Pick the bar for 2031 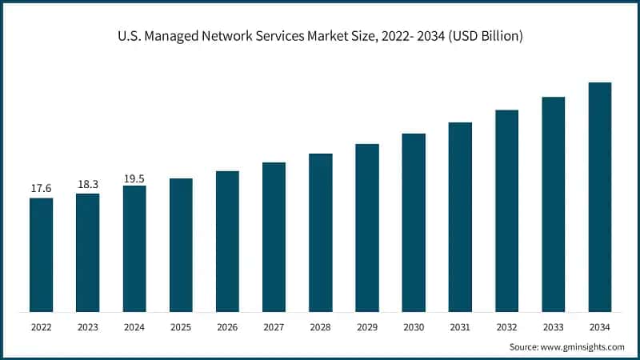pos(460,217)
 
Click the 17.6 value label pos(42,188)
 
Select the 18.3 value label pos(88,184)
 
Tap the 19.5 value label pos(134,178)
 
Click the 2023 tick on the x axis pos(88,326)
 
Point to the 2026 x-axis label pos(227,326)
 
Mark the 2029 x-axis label pos(367,326)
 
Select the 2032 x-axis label pos(506,326)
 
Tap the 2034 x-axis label pos(600,326)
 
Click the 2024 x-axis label pos(134,326)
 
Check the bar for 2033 pos(554,204)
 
